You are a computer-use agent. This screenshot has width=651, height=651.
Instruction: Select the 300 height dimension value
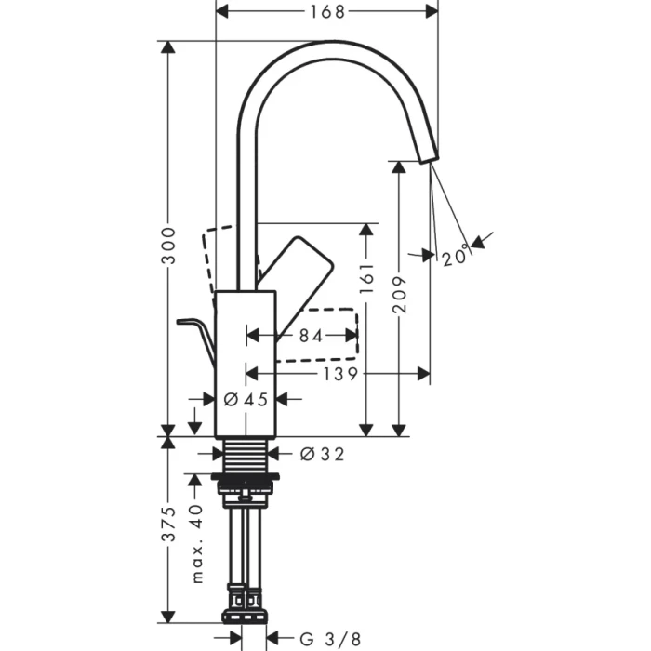tap(168, 245)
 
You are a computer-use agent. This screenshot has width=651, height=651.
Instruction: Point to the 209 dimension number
tap(400, 296)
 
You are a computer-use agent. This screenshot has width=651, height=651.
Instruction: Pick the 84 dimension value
tap(312, 337)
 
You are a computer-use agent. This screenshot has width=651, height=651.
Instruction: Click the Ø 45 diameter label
tap(246, 399)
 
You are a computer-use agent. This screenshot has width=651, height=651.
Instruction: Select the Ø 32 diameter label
tap(322, 454)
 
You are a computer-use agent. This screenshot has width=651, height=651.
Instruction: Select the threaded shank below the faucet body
tap(246, 455)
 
